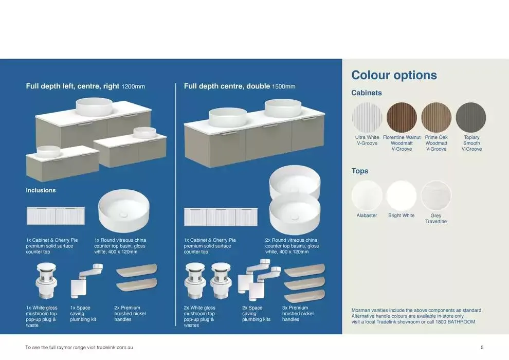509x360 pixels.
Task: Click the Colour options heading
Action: [394, 75]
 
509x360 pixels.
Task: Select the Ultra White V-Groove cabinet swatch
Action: [367, 118]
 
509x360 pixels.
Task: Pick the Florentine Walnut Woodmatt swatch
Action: [402, 118]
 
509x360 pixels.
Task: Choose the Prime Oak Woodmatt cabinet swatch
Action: [436, 118]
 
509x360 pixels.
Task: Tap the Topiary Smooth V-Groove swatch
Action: [471, 118]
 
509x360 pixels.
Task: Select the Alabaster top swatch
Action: [367, 196]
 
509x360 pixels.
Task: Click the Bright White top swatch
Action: [401, 196]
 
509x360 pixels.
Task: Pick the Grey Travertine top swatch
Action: [436, 196]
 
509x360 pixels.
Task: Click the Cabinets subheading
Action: [366, 93]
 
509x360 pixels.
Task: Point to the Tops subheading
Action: [360, 171]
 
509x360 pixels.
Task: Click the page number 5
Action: [482, 347]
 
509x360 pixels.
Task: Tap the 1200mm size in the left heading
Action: [133, 87]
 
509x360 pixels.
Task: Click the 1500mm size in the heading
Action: [284, 87]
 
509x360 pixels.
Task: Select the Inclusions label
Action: [41, 190]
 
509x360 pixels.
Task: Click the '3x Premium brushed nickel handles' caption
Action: [295, 314]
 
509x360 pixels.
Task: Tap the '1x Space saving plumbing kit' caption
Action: [83, 314]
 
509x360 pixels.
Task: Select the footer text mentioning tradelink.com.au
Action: [79, 347]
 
